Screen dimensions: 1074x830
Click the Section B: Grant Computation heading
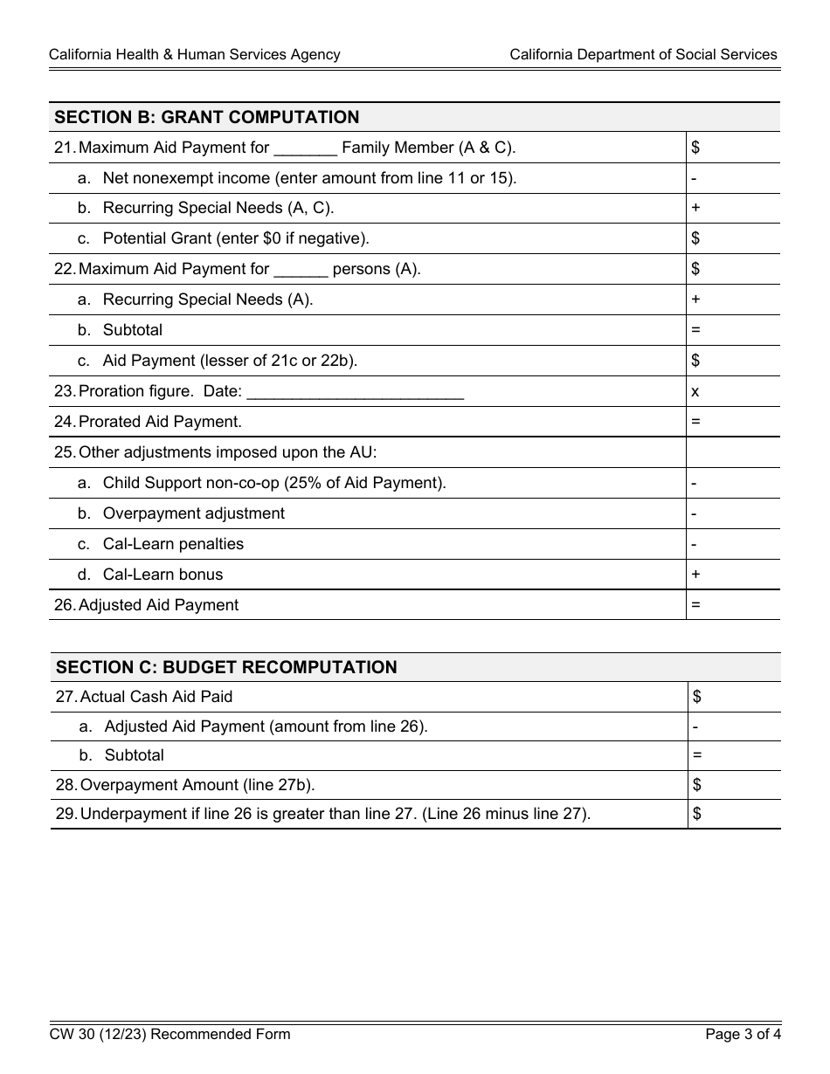[207, 117]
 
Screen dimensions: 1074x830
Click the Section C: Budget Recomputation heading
[226, 667]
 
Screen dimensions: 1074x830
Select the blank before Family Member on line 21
[305, 148]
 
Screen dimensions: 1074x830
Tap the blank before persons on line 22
[301, 270]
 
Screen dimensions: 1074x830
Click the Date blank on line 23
[355, 392]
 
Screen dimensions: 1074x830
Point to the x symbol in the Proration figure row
[695, 391]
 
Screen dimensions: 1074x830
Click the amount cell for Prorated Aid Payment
[732, 422]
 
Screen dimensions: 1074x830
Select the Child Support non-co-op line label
[274, 483]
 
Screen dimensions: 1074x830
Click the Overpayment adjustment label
[193, 513]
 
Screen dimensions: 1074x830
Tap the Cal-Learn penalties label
[173, 544]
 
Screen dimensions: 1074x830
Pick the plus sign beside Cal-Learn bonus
[696, 574]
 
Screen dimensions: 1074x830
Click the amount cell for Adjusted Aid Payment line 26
[732, 604]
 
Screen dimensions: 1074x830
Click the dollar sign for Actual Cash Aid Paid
[697, 696]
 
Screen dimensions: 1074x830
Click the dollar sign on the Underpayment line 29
[697, 814]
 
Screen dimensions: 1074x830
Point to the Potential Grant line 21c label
[236, 238]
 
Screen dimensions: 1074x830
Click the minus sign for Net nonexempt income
[694, 178]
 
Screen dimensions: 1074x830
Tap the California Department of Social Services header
[643, 54]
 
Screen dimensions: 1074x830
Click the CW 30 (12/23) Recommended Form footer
[169, 1035]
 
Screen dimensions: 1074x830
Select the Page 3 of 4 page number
[743, 1035]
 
